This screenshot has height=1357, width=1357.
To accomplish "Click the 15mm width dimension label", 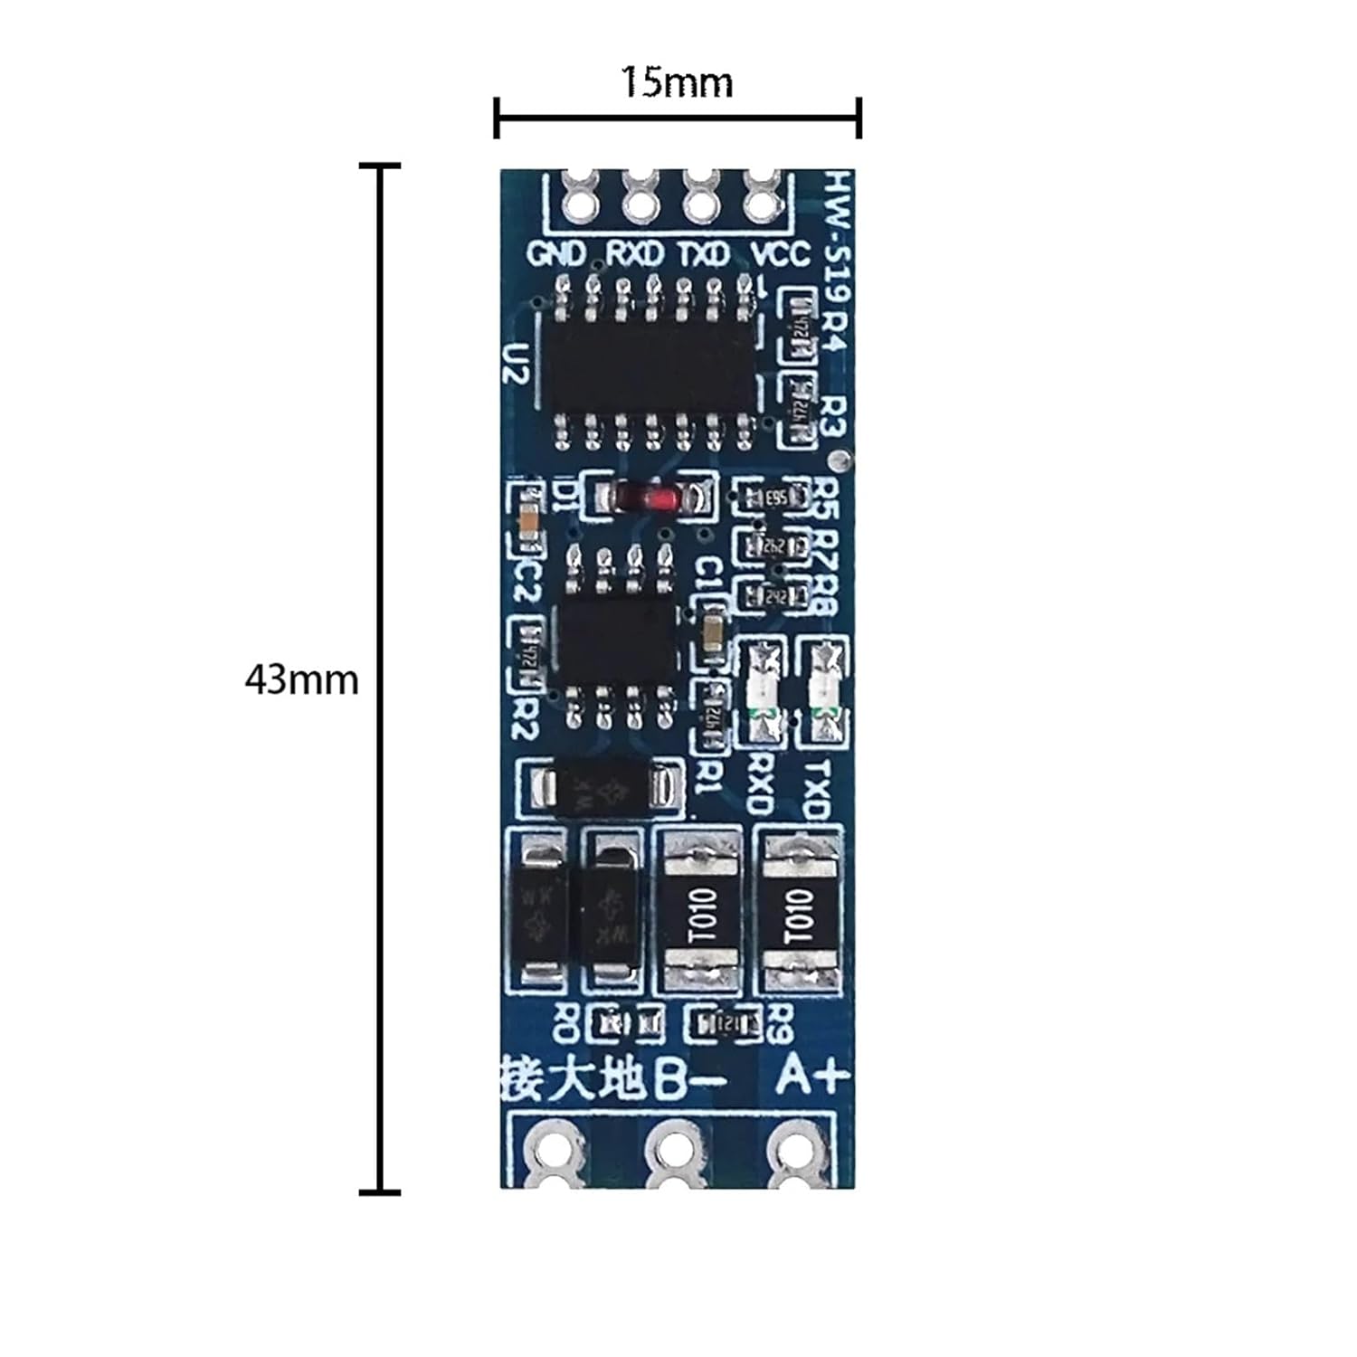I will click(x=676, y=83).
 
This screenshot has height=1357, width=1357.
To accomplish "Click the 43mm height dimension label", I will click(x=301, y=679).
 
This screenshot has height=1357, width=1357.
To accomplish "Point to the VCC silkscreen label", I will click(x=781, y=254).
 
